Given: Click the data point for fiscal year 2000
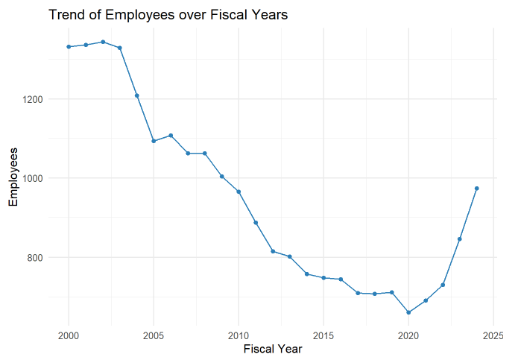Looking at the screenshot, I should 69,47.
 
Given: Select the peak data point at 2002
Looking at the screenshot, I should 103,42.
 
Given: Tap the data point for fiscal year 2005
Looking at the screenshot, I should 154,141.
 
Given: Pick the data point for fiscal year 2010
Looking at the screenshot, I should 239,192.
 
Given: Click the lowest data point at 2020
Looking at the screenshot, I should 408,312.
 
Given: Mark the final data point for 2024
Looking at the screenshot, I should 476,189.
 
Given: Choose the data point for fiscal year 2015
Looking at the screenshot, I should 323,277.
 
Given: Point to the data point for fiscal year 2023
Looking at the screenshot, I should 460,239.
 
